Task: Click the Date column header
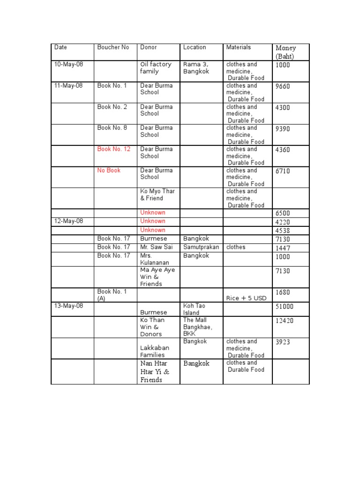(x=60, y=47)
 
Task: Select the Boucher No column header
(x=113, y=47)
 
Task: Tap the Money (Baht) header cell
(x=286, y=52)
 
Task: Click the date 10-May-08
(x=68, y=64)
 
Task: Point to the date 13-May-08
(x=68, y=306)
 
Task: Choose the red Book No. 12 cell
(x=114, y=149)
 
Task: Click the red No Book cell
(x=109, y=170)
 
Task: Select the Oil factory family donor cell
(x=156, y=68)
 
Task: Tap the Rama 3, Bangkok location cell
(x=196, y=68)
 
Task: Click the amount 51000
(x=286, y=307)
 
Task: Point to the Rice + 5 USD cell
(x=246, y=298)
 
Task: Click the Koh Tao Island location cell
(x=194, y=309)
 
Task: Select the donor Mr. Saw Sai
(x=156, y=247)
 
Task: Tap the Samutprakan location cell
(x=201, y=247)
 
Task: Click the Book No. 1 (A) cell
(x=112, y=295)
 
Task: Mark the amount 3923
(x=283, y=342)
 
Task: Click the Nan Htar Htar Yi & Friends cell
(x=155, y=372)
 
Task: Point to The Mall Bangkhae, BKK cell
(x=197, y=327)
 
